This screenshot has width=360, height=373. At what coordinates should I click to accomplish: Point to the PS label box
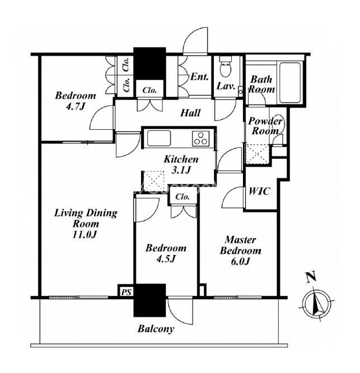click(x=125, y=291)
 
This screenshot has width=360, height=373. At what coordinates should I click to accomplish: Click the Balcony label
click(x=156, y=329)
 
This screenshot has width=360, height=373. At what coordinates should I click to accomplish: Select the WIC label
click(x=259, y=191)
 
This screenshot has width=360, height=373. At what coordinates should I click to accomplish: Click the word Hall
click(x=190, y=113)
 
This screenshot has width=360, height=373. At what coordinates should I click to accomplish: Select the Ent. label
click(x=200, y=77)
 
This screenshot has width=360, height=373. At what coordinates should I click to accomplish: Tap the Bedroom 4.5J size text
click(x=165, y=259)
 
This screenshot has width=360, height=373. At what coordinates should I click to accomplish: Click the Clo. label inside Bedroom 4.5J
click(x=183, y=197)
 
